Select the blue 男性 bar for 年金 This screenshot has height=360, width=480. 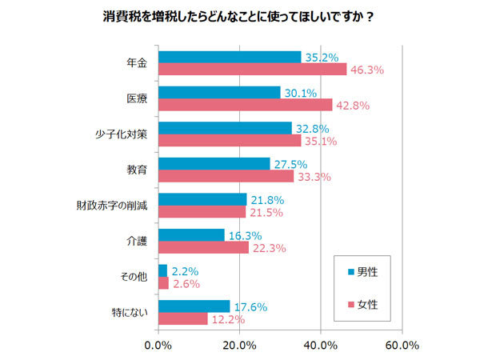click(230, 57)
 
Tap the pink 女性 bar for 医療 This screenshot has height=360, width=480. click(245, 105)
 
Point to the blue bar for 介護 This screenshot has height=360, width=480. click(191, 234)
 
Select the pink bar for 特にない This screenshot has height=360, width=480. click(183, 319)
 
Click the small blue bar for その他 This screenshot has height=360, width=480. click(162, 270)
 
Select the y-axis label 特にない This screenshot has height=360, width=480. click(130, 313)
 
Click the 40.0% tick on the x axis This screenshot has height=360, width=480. click(320, 346)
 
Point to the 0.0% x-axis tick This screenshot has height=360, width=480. click(158, 346)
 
